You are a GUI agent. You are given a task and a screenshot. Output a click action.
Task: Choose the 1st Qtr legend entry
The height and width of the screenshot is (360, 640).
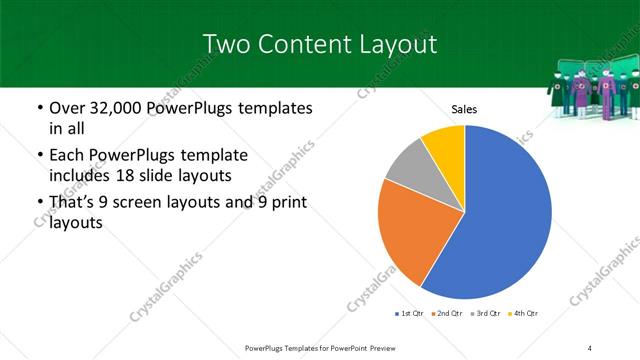pos(410,314)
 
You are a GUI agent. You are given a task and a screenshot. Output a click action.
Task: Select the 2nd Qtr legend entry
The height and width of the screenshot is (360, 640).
pos(447,314)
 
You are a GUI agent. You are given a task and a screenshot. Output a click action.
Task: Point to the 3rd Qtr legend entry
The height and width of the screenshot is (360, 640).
pos(486,314)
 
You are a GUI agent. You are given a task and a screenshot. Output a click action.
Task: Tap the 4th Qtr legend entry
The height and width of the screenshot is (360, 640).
pos(524,314)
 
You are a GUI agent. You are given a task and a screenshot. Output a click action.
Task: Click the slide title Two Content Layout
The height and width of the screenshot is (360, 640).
pos(319,44)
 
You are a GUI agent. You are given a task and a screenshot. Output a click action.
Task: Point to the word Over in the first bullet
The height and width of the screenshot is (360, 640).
pos(68,107)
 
